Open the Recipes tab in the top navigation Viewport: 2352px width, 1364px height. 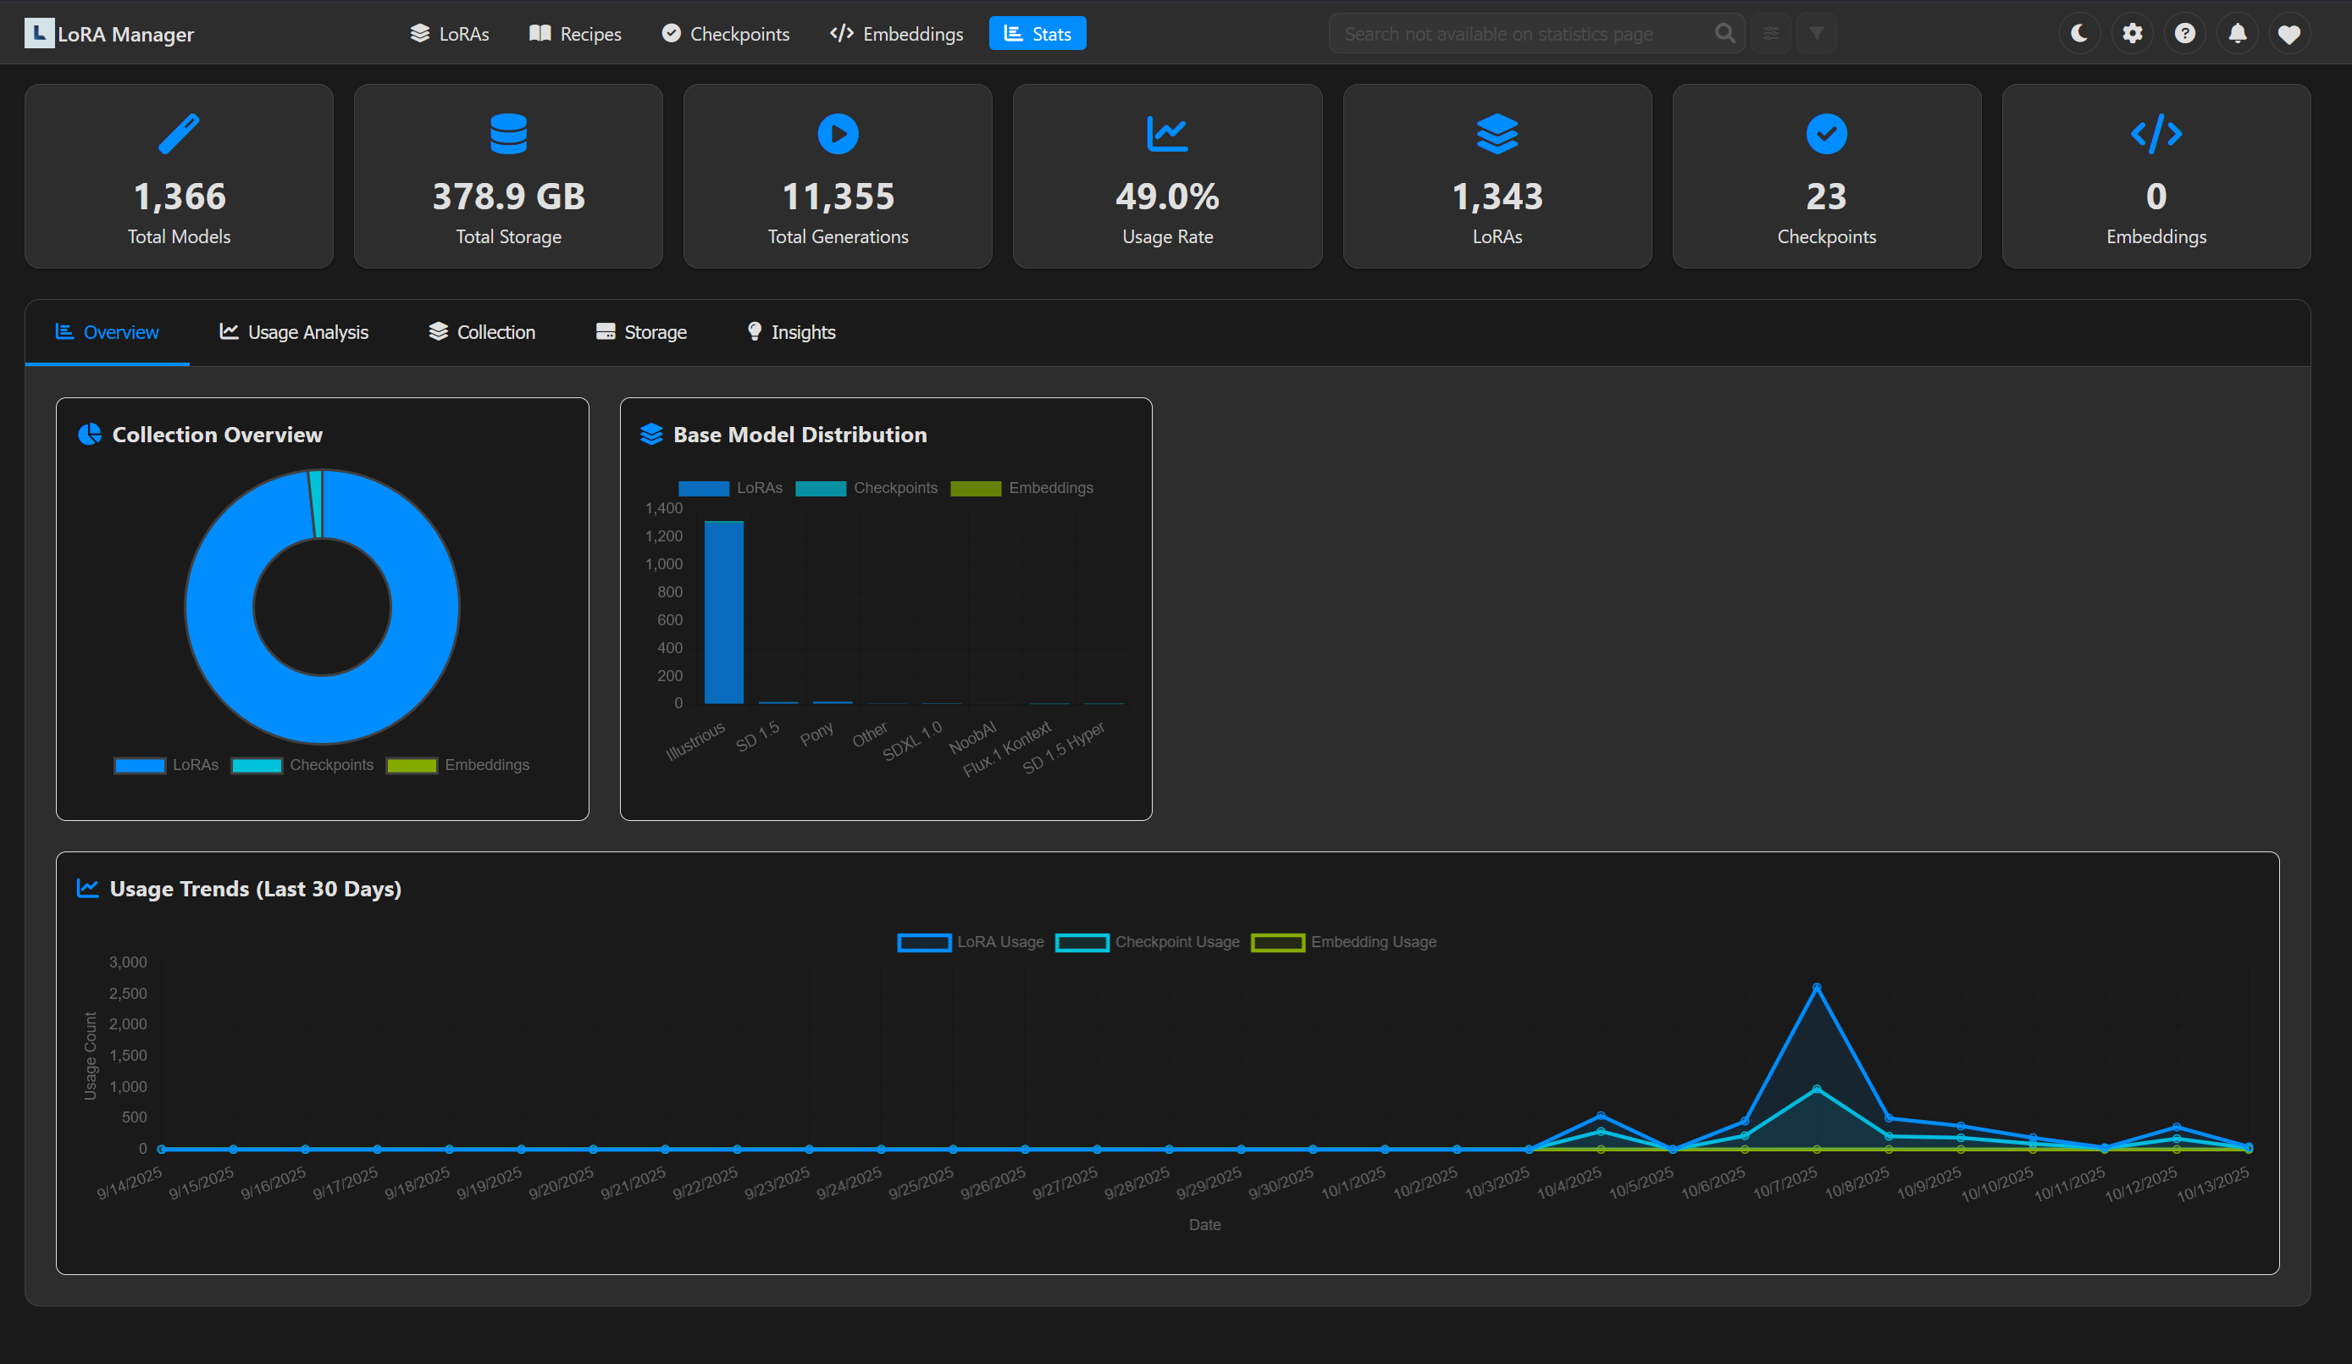[575, 34]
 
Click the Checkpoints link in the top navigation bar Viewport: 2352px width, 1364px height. [725, 34]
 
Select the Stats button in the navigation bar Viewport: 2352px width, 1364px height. [1037, 34]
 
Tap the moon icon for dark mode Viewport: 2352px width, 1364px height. [2078, 34]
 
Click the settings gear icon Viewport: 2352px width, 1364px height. [2132, 34]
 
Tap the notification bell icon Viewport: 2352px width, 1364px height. [2237, 34]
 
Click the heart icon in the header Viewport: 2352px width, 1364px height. [2288, 35]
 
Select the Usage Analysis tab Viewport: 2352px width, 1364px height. [294, 332]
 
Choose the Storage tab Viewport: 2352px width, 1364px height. [641, 332]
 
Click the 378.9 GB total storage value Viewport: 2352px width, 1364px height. [509, 196]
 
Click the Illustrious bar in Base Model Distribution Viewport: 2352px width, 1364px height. [723, 612]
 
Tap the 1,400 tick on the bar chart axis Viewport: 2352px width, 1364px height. [664, 507]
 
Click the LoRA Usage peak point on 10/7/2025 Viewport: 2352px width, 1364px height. [1816, 987]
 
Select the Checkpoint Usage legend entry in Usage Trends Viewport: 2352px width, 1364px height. [1148, 942]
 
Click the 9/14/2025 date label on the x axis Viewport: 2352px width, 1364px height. [130, 1182]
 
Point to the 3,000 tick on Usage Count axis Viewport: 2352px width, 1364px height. [128, 962]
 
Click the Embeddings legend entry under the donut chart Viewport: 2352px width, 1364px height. [458, 765]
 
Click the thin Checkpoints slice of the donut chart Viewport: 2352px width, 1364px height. [317, 504]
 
